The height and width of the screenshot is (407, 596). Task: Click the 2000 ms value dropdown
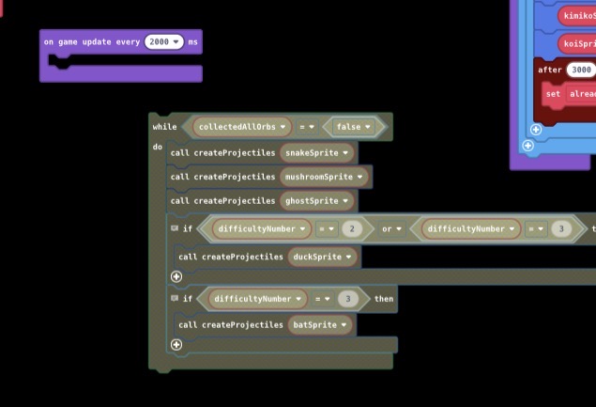pos(164,42)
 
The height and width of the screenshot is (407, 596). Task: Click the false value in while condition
pos(353,127)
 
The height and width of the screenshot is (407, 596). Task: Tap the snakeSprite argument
pos(316,152)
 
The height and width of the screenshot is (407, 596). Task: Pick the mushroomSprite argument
pos(324,177)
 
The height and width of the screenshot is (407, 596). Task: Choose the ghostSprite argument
pos(316,201)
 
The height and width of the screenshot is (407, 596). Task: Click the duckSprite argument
pos(323,257)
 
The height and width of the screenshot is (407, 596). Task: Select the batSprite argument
pos(319,325)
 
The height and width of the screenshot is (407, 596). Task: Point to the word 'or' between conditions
pos(387,228)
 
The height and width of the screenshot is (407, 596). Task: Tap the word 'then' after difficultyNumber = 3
pos(385,299)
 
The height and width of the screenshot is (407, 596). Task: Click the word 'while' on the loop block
pos(164,127)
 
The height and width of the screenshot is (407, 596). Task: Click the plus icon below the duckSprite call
pos(176,276)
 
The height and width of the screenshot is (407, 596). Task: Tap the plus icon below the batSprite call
pos(176,345)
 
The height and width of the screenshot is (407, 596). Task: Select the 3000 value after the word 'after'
pos(581,70)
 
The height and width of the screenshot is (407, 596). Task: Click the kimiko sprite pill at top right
pos(578,16)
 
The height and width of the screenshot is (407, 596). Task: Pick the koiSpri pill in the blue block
pos(578,44)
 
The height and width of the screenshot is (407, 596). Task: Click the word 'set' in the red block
pos(553,94)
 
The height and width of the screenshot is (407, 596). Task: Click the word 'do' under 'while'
pos(158,149)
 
